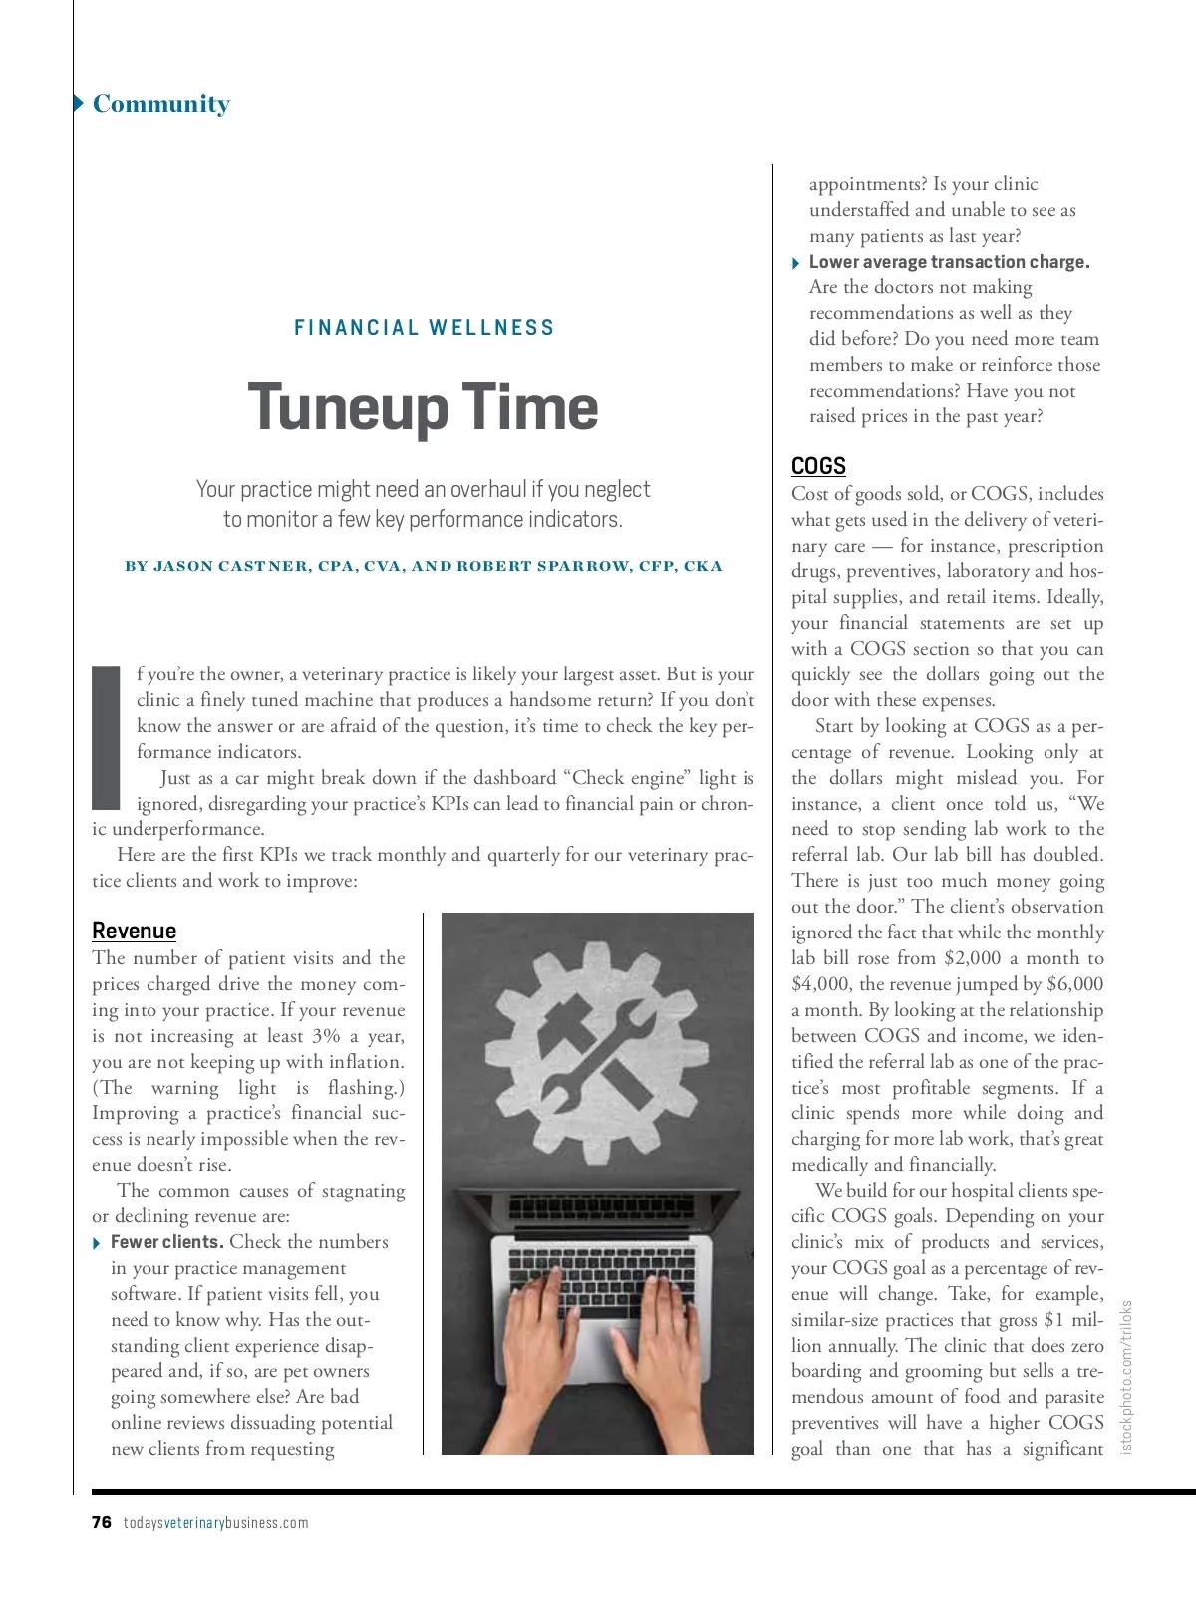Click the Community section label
[x=160, y=104]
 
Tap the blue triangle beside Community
[x=79, y=103]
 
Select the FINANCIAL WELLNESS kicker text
[x=424, y=328]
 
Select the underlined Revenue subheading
[x=134, y=931]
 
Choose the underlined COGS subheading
[x=818, y=466]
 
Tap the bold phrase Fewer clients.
[x=166, y=1242]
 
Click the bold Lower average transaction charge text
[x=949, y=262]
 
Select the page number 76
[x=102, y=1522]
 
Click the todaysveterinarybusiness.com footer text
[x=215, y=1522]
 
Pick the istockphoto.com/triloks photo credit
[x=1127, y=1376]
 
